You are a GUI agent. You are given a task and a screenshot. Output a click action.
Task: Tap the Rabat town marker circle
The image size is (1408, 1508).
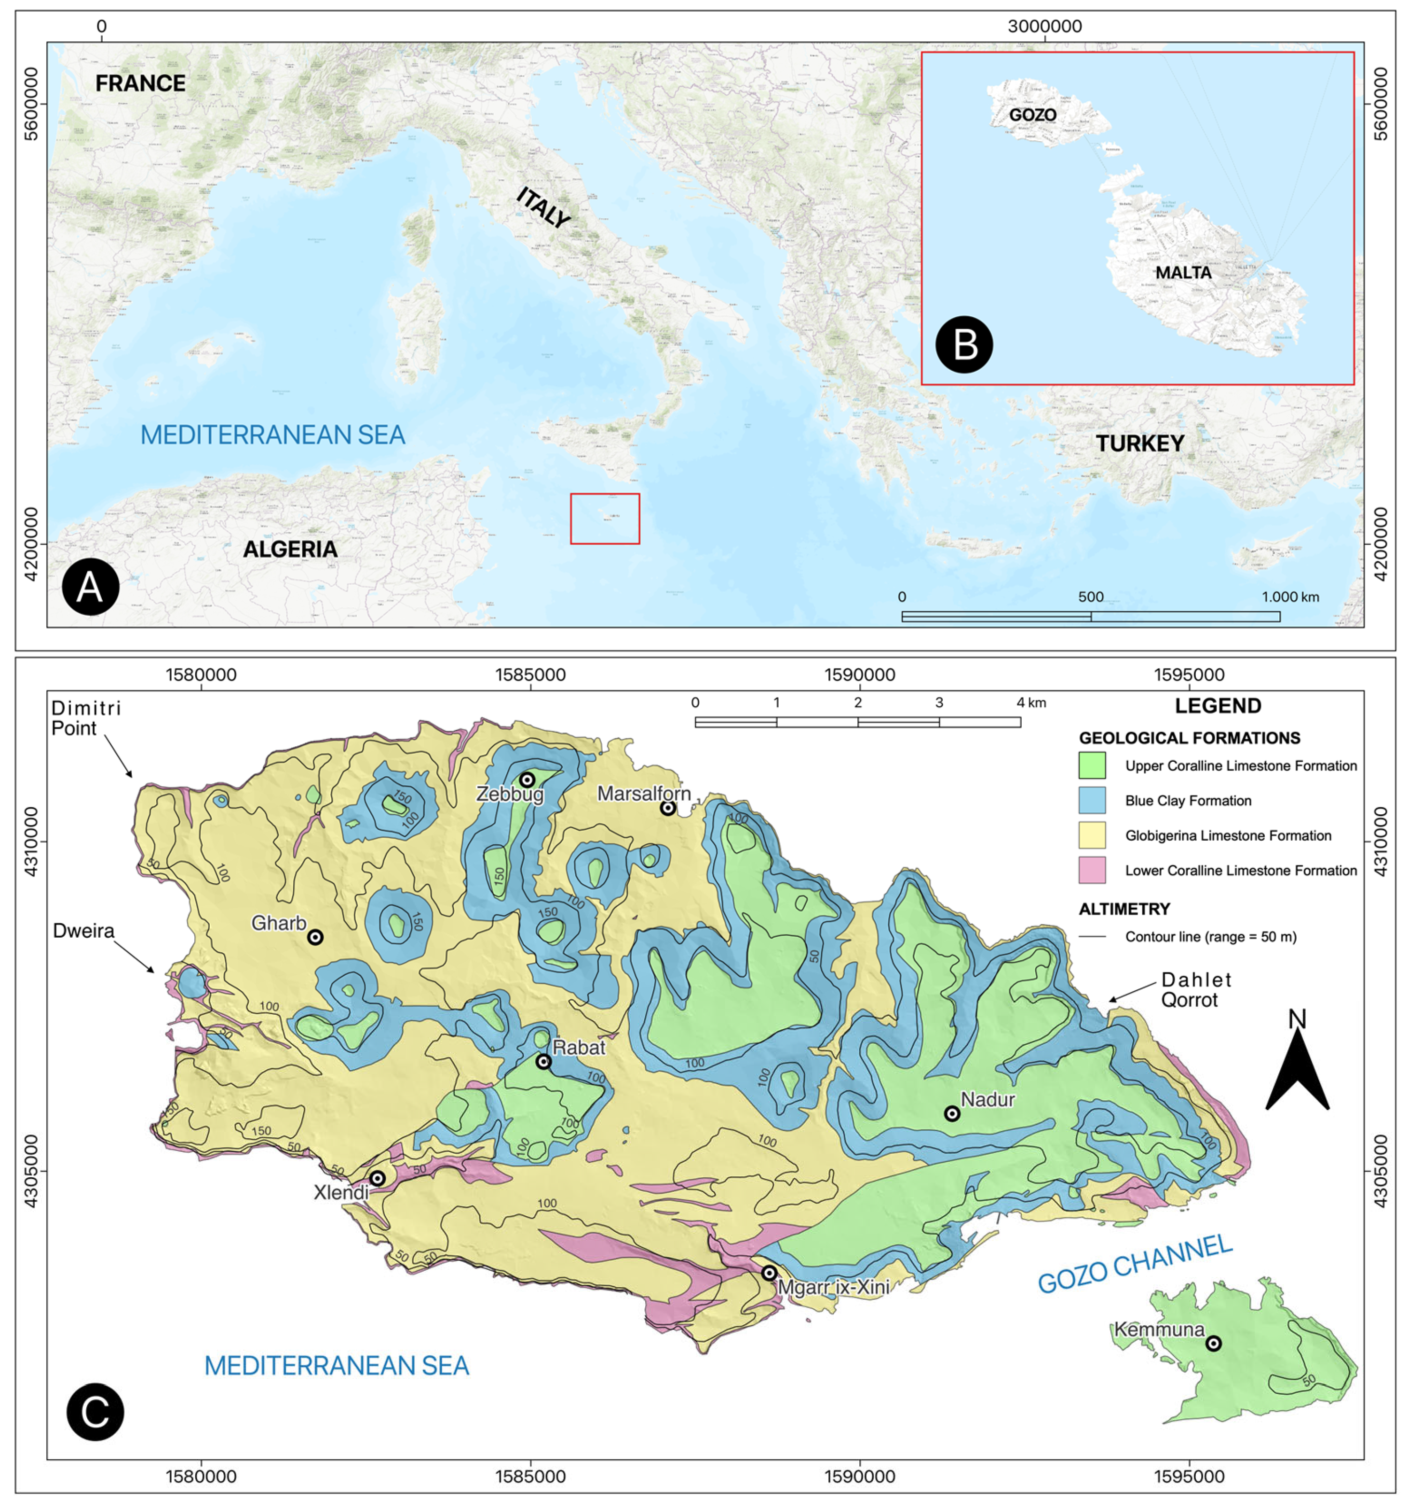click(543, 1061)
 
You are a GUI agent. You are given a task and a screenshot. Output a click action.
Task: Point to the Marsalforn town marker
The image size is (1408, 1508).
click(667, 808)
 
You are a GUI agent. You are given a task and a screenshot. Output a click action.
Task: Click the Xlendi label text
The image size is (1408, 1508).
click(341, 1192)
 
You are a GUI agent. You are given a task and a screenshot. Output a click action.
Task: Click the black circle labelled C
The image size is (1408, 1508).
click(95, 1412)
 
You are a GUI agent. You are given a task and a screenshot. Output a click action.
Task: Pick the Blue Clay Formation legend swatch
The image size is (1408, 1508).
click(1092, 800)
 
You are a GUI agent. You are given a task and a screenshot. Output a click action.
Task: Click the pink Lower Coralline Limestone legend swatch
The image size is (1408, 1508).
click(1092, 870)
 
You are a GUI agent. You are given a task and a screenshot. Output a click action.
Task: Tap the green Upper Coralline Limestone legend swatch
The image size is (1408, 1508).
click(1092, 766)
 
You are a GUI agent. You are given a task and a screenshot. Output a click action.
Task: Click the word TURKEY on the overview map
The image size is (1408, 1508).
click(1139, 443)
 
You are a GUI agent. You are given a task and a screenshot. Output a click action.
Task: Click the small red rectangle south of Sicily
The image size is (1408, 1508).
click(605, 519)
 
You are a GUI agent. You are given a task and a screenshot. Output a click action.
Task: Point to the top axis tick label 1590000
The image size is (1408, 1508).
click(860, 674)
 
